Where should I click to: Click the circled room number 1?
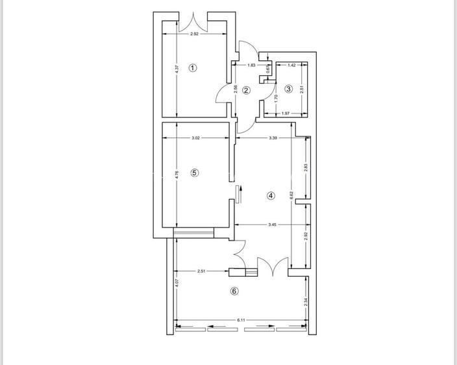click(192, 67)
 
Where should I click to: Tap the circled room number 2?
click(246, 91)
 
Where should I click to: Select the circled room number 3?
click(288, 89)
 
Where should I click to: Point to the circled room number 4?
click(271, 195)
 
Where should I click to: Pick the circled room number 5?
click(194, 172)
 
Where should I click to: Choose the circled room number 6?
click(234, 291)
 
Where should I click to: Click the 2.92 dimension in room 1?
click(195, 34)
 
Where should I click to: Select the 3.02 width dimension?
click(196, 138)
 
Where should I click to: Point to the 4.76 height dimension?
click(177, 174)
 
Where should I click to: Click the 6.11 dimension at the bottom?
click(241, 320)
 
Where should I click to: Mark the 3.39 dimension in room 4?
click(273, 138)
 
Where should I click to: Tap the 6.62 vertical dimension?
click(291, 194)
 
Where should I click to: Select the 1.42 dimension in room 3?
click(291, 65)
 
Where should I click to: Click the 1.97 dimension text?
click(286, 115)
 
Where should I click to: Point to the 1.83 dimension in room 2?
click(251, 65)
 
